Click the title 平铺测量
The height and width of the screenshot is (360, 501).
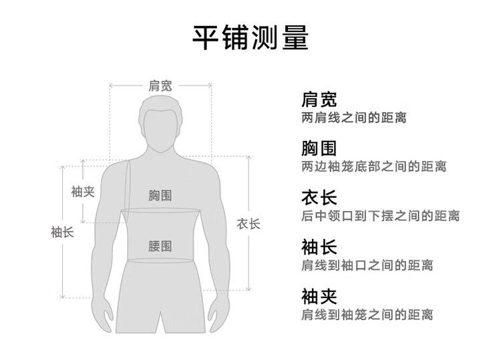251,37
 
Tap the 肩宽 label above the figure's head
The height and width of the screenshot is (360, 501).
160,85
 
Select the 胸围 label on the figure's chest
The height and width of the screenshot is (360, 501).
160,195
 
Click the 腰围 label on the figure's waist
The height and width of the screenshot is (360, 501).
160,246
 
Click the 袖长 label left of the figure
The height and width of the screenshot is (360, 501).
62,232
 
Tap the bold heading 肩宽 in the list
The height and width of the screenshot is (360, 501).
319,100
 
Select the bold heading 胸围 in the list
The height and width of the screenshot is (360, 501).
319,148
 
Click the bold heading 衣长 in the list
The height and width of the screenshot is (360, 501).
319,198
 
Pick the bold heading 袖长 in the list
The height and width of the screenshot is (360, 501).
319,246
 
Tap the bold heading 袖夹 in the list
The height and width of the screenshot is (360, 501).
319,296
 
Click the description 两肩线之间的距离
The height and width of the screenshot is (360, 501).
354,118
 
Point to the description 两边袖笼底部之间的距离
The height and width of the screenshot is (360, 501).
374,167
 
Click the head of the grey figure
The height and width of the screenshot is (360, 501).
160,124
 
